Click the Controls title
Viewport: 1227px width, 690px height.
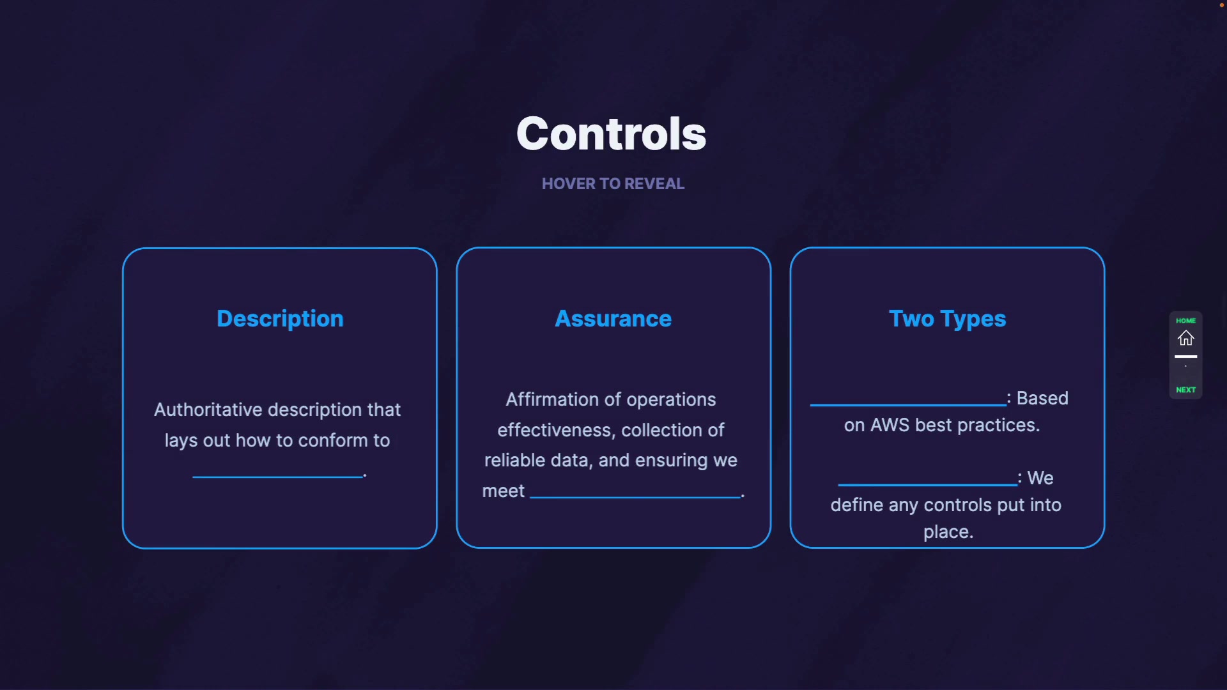click(x=611, y=134)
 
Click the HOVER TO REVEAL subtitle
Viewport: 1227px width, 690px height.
click(x=613, y=184)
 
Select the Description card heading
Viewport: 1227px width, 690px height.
click(x=280, y=319)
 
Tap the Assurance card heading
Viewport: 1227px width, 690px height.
click(x=613, y=319)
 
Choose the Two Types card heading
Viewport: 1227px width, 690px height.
click(x=947, y=319)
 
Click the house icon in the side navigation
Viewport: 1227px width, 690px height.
click(x=1186, y=338)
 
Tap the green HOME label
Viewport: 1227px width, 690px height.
click(x=1186, y=321)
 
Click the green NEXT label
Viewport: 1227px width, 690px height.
click(x=1186, y=390)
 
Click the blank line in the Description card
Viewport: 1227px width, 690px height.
click(x=278, y=477)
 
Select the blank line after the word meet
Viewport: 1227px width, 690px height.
click(x=635, y=497)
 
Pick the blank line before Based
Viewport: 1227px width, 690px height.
click(x=908, y=404)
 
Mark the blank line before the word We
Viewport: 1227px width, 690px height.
click(x=927, y=484)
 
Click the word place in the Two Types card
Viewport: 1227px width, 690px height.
click(x=946, y=532)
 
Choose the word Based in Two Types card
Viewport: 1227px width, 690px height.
click(x=1042, y=398)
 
